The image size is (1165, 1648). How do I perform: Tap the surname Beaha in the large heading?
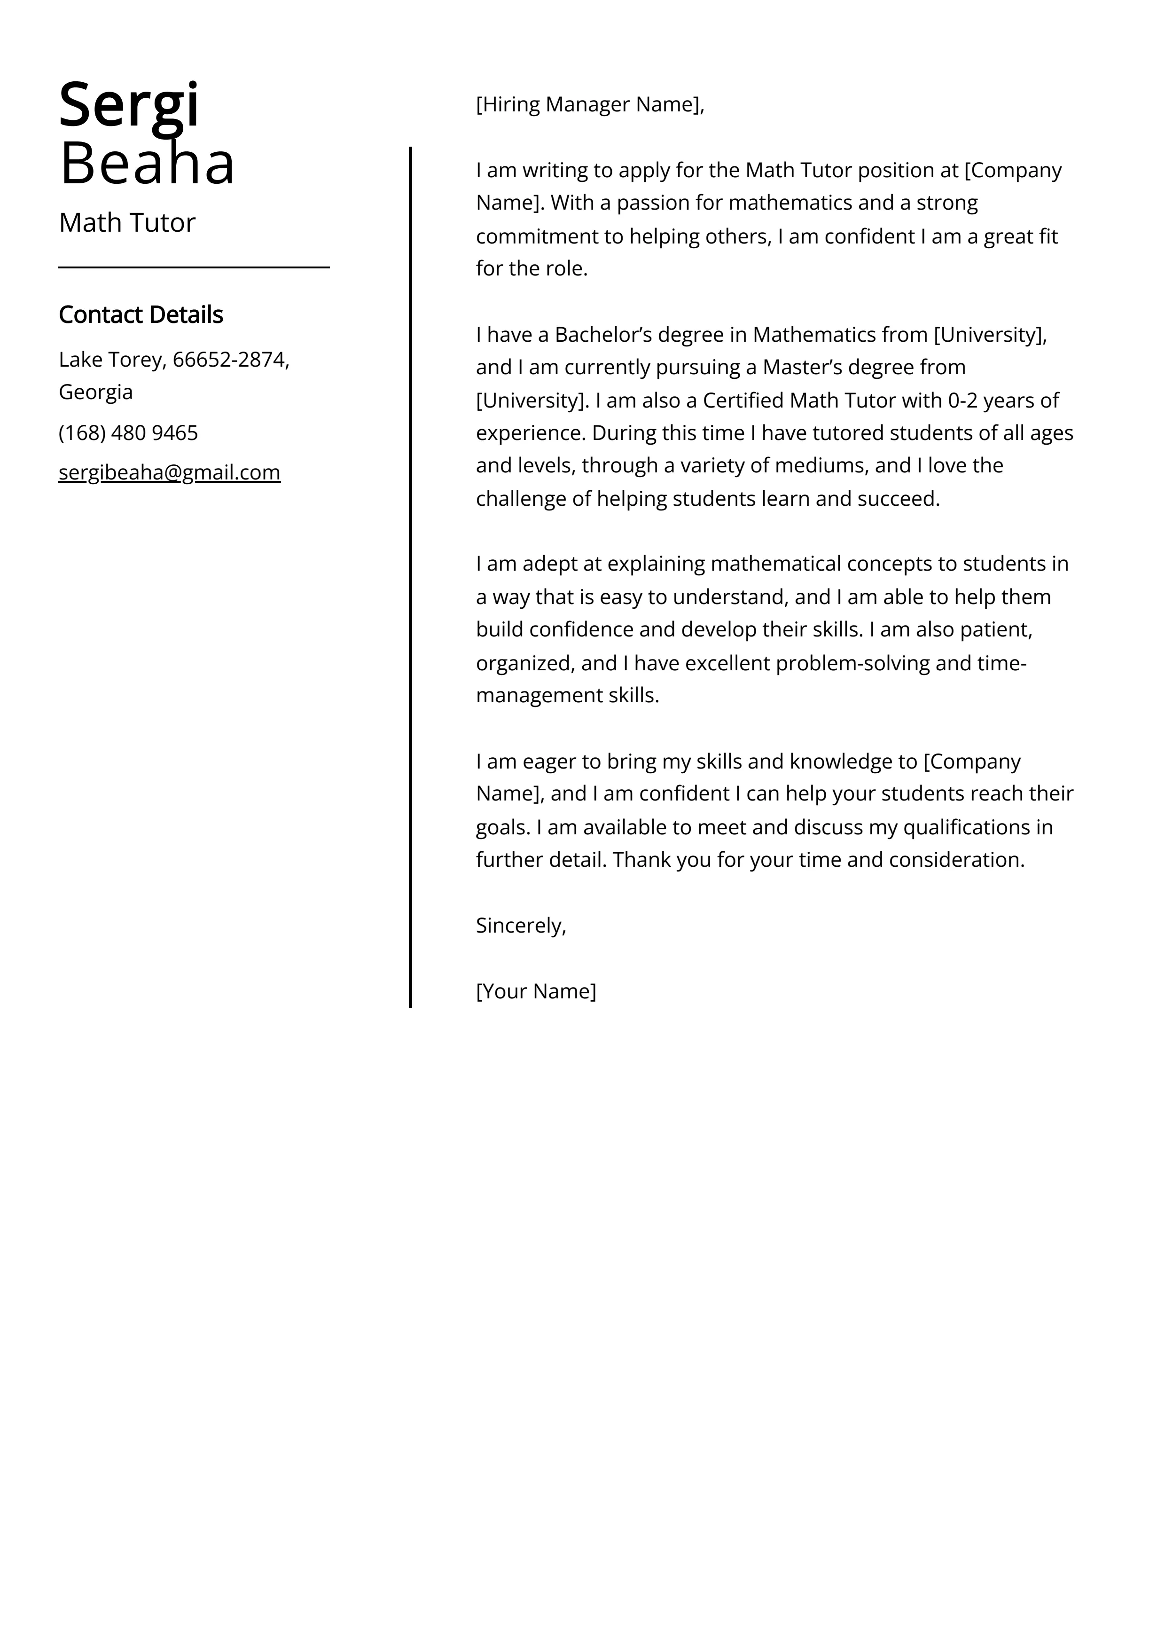[147, 164]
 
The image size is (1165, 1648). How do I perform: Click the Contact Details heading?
[141, 314]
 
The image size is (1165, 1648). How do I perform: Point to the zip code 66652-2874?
[229, 360]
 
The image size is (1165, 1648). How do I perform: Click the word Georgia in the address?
[95, 392]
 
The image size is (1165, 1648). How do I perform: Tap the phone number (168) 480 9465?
[128, 433]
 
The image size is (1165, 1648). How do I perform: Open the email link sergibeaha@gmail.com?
[169, 472]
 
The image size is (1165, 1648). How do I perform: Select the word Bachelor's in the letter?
[603, 335]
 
